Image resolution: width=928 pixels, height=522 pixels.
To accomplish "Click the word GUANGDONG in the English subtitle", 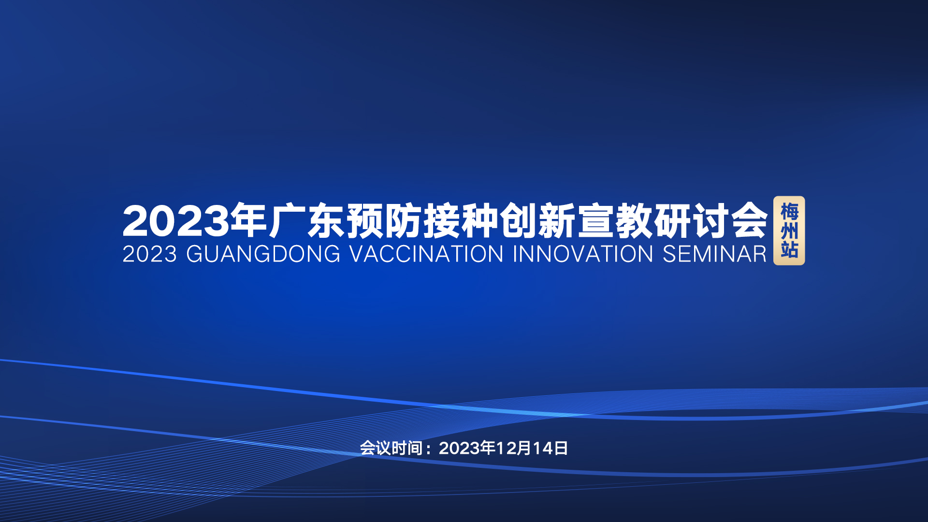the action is pos(263,254).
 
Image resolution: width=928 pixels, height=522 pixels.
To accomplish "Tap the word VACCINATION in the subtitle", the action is pos(426,254).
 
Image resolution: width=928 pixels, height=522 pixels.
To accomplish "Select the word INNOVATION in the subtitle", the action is pos(583,254).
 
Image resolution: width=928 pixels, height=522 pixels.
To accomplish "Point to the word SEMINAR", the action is pos(714,254).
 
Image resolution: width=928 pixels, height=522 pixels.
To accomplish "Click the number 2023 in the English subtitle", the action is pos(150,254).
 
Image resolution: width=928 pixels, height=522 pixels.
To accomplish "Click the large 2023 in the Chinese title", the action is pos(176,221).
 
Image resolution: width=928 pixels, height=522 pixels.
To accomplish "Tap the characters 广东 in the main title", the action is pos(307,221).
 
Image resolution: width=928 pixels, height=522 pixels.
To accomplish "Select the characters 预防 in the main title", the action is pos(384,221).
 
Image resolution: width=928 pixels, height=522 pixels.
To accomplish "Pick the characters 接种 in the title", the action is pos(461,221).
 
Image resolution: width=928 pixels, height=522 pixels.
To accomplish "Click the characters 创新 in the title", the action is pos(538,221).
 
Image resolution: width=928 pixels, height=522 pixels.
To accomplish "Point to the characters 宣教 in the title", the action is pos(615,221).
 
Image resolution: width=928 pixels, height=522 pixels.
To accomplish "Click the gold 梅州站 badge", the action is pos(789,231).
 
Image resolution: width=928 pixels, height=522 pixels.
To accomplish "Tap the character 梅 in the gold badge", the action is pos(789,212).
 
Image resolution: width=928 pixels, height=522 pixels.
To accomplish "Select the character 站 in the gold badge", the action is pos(789,249).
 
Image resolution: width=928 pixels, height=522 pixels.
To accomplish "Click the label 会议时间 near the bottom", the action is pos(391,449).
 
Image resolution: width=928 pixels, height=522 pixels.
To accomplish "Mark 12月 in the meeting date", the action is pos(514,449).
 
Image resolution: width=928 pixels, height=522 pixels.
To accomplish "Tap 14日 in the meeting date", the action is pos(550,449).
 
